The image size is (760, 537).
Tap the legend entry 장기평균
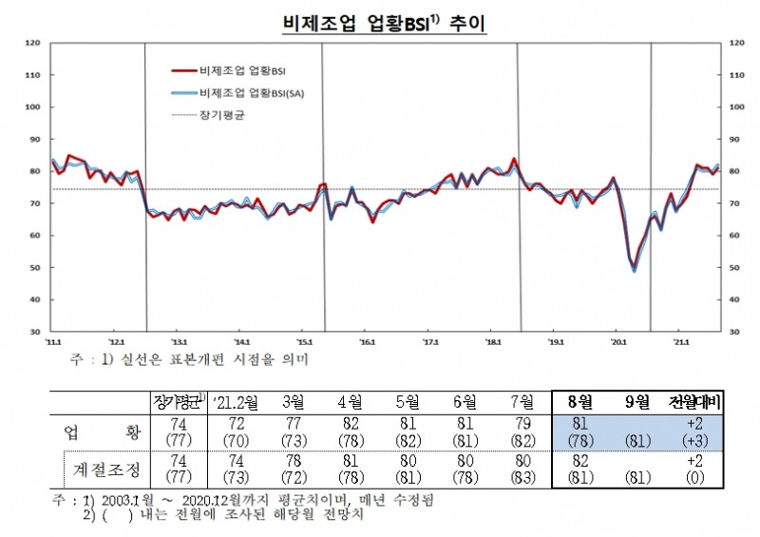pos(222,114)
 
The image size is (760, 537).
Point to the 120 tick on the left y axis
pos(31,43)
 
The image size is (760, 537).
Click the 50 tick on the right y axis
pos(733,268)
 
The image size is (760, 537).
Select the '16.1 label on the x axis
pos(368,340)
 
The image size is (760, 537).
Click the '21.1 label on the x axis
pos(680,340)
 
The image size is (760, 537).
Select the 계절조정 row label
pos(104,469)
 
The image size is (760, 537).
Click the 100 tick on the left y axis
pos(31,107)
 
